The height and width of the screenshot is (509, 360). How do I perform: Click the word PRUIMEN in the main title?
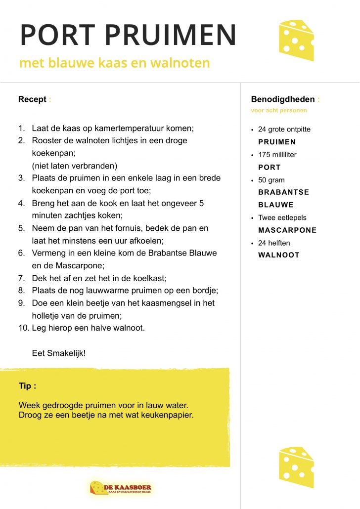click(171, 35)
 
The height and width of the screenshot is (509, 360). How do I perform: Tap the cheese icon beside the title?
click(296, 40)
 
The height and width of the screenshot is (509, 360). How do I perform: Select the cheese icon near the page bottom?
click(296, 467)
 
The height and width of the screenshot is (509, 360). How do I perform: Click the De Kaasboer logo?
click(121, 488)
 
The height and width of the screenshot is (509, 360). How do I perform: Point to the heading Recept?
click(32, 99)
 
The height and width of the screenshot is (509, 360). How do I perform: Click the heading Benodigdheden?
click(283, 99)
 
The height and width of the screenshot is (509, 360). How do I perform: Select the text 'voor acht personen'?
click(279, 111)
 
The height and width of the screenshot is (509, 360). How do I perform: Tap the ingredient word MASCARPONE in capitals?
click(287, 230)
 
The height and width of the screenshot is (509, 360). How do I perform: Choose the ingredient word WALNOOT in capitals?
click(279, 255)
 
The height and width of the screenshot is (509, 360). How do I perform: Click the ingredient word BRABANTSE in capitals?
click(283, 192)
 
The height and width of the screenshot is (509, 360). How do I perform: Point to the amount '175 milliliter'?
click(277, 155)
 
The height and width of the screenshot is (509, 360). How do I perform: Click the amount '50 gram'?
click(271, 180)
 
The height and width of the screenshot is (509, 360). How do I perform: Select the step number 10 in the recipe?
click(24, 328)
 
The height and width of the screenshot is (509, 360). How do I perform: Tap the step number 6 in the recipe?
click(22, 253)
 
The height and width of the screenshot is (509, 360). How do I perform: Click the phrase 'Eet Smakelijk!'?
click(58, 353)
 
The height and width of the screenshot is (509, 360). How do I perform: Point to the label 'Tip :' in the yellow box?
click(27, 386)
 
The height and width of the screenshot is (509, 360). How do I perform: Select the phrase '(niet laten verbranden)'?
click(75, 166)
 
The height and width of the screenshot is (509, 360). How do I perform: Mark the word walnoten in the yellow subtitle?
click(183, 63)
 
